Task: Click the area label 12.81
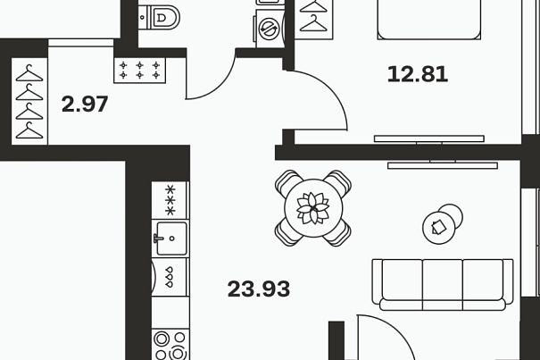[417, 74]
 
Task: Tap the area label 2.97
[85, 105]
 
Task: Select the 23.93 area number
[259, 289]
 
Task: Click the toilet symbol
[162, 15]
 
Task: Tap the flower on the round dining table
[312, 207]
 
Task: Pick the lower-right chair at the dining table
[336, 231]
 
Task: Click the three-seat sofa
[443, 284]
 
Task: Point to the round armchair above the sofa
[442, 223]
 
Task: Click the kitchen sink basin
[170, 238]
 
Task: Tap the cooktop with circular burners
[170, 344]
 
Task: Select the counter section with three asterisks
[170, 199]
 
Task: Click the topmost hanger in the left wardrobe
[29, 71]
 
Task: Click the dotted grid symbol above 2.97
[138, 70]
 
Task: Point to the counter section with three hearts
[169, 277]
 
